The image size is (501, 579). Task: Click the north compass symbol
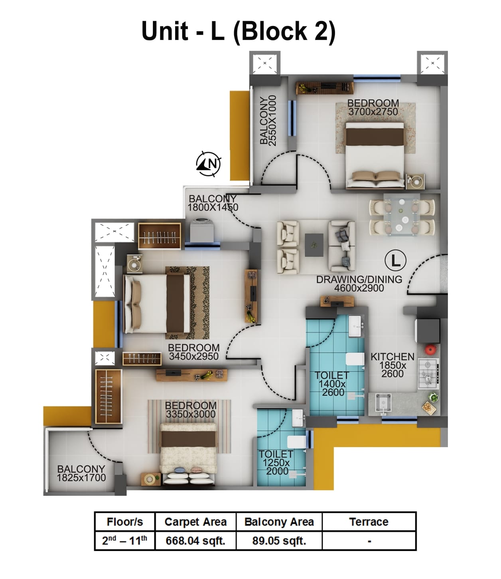click(209, 164)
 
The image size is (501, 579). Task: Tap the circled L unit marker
click(395, 260)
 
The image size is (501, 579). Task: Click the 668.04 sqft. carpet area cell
click(195, 541)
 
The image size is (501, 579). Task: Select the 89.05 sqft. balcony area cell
click(279, 541)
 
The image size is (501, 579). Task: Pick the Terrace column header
click(369, 522)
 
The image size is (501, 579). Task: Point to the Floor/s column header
click(124, 522)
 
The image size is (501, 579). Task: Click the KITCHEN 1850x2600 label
click(392, 365)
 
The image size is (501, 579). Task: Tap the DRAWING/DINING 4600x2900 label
click(359, 284)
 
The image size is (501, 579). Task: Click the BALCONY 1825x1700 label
click(81, 473)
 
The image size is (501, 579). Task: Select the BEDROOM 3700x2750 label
click(373, 107)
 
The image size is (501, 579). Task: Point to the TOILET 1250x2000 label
click(276, 462)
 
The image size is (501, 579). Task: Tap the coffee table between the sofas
click(314, 245)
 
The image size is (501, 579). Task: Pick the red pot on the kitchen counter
click(430, 349)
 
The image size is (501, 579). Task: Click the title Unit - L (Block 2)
click(239, 31)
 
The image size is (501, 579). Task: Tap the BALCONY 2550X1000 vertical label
click(268, 120)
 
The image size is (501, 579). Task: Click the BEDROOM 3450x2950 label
click(193, 352)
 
